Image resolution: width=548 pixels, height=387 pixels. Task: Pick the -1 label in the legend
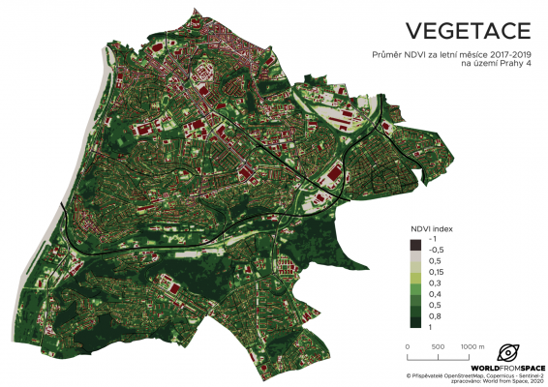pos(432,238)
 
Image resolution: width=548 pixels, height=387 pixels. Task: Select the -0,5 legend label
pos(434,249)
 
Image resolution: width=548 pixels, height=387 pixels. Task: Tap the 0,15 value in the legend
pos(435,271)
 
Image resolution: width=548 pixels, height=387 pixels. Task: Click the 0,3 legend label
pos(433,282)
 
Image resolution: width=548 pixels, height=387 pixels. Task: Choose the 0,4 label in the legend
pos(433,292)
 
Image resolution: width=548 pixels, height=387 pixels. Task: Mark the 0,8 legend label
pos(433,314)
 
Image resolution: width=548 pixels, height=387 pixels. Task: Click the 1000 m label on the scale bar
pos(472,345)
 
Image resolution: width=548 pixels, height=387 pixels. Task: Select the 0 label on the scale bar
pos(408,345)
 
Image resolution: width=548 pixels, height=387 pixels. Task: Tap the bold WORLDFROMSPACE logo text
pos(507,369)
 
